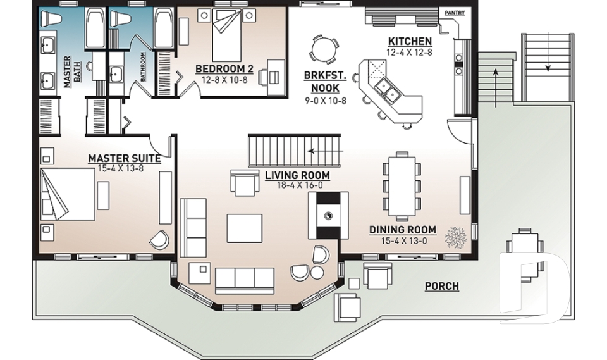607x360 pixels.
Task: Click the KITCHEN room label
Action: coord(410,42)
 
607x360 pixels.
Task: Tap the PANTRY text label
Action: coord(455,12)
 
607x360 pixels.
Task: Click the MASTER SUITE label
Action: coord(124,158)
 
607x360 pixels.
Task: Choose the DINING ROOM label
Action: coord(403,229)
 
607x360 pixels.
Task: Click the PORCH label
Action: coord(441,287)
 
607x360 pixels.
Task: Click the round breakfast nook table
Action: coord(322,49)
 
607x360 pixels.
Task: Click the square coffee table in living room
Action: coord(244,228)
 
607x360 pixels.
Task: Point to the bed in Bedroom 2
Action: coord(225,38)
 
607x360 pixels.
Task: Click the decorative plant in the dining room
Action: coord(456,238)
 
